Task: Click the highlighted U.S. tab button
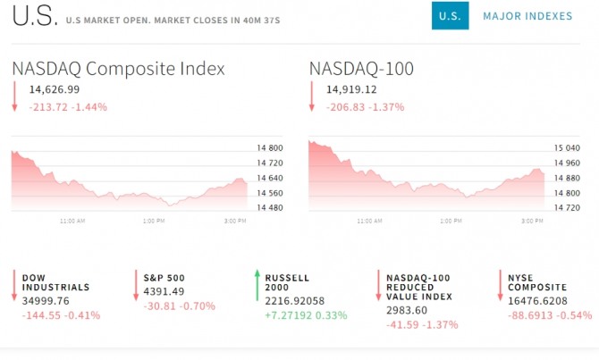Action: (450, 16)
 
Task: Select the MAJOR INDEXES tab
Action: (527, 16)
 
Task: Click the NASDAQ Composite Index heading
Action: (118, 69)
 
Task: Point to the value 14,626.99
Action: (55, 89)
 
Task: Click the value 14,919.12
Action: (351, 89)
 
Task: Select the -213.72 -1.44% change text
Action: (68, 106)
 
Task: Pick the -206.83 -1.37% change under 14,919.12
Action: (365, 106)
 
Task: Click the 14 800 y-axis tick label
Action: (270, 148)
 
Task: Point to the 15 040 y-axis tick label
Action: (566, 148)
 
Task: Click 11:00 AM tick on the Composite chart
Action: (72, 221)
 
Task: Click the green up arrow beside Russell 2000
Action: (257, 284)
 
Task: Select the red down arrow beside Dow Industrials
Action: (15, 284)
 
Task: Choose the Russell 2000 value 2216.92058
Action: (296, 302)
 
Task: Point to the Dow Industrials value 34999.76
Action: (46, 302)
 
